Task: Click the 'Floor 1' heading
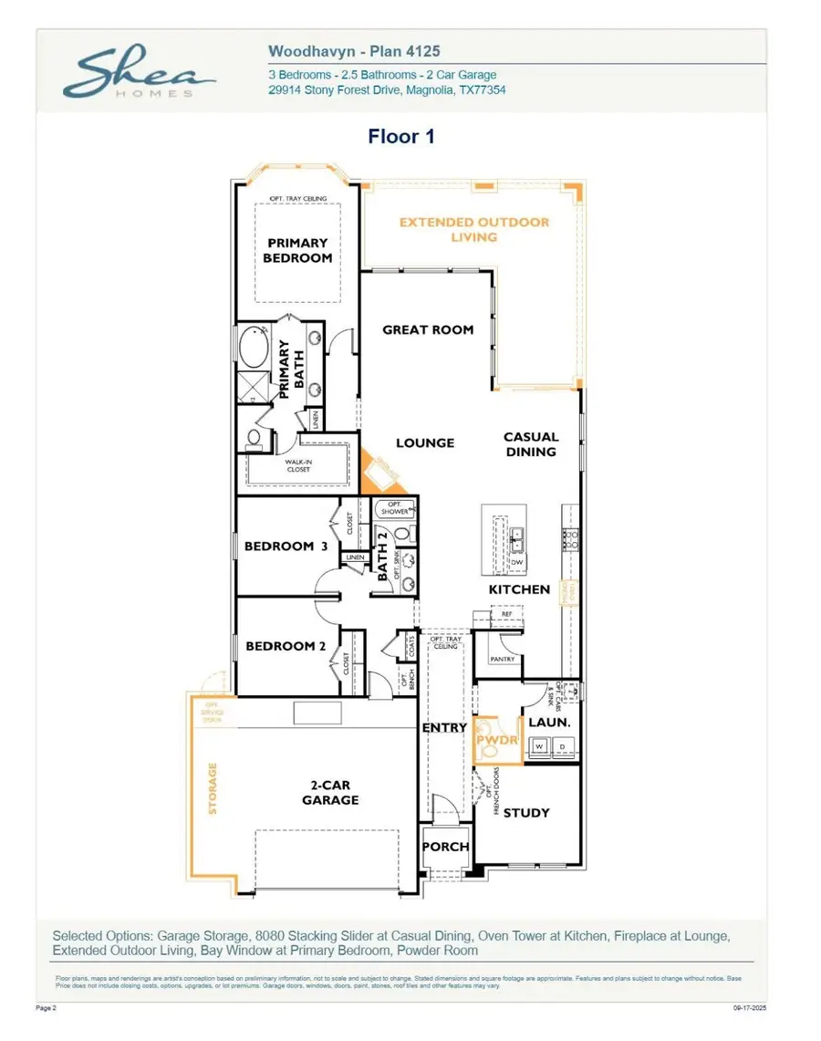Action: coord(400,137)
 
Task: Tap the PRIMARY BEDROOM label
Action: coord(297,250)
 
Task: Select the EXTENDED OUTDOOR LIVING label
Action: coord(474,229)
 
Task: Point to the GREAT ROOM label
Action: coord(428,329)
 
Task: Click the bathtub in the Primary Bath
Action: coord(251,348)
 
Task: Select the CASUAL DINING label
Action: coord(530,444)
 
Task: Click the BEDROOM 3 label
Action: coord(286,547)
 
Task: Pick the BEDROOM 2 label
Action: coord(286,646)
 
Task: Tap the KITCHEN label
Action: coord(519,589)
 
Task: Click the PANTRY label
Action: coord(503,659)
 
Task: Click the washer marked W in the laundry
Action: coord(539,746)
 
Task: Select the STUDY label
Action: coord(526,812)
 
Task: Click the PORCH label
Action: coord(445,847)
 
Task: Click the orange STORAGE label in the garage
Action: coord(213,788)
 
